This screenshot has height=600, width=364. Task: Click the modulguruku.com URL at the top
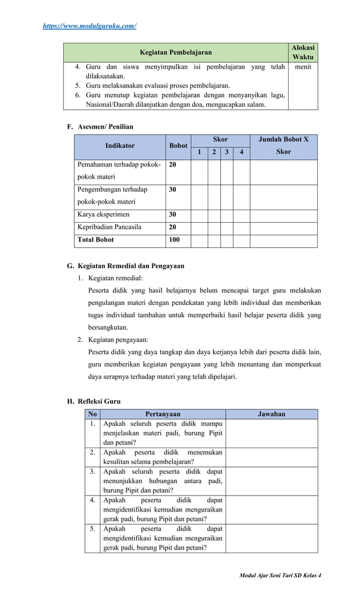pyautogui.click(x=90, y=26)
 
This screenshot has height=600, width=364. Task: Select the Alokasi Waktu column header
pyautogui.click(x=303, y=53)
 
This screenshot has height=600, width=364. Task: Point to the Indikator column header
pyautogui.click(x=120, y=146)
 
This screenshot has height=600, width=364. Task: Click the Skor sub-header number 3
pyautogui.click(x=227, y=152)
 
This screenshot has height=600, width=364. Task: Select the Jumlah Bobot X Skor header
pyautogui.click(x=284, y=146)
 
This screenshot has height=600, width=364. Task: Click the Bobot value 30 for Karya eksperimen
pyautogui.click(x=172, y=215)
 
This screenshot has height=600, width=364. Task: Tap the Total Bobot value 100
pyautogui.click(x=174, y=240)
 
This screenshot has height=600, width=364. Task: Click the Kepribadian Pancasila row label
pyautogui.click(x=110, y=227)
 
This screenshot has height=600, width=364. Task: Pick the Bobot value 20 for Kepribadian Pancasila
pyautogui.click(x=172, y=227)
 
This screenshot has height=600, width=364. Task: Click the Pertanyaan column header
pyautogui.click(x=163, y=414)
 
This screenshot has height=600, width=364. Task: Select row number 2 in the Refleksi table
pyautogui.click(x=92, y=452)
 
